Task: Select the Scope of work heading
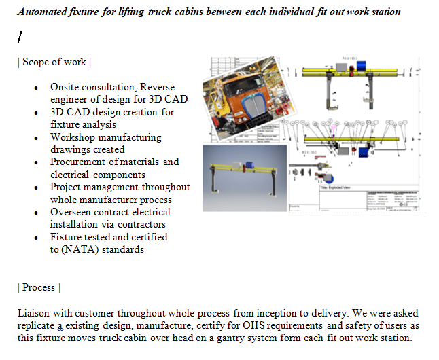(x=54, y=62)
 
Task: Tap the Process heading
(x=39, y=287)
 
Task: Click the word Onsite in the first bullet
(x=65, y=87)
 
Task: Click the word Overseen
(x=71, y=212)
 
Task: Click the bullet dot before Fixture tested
(x=35, y=237)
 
